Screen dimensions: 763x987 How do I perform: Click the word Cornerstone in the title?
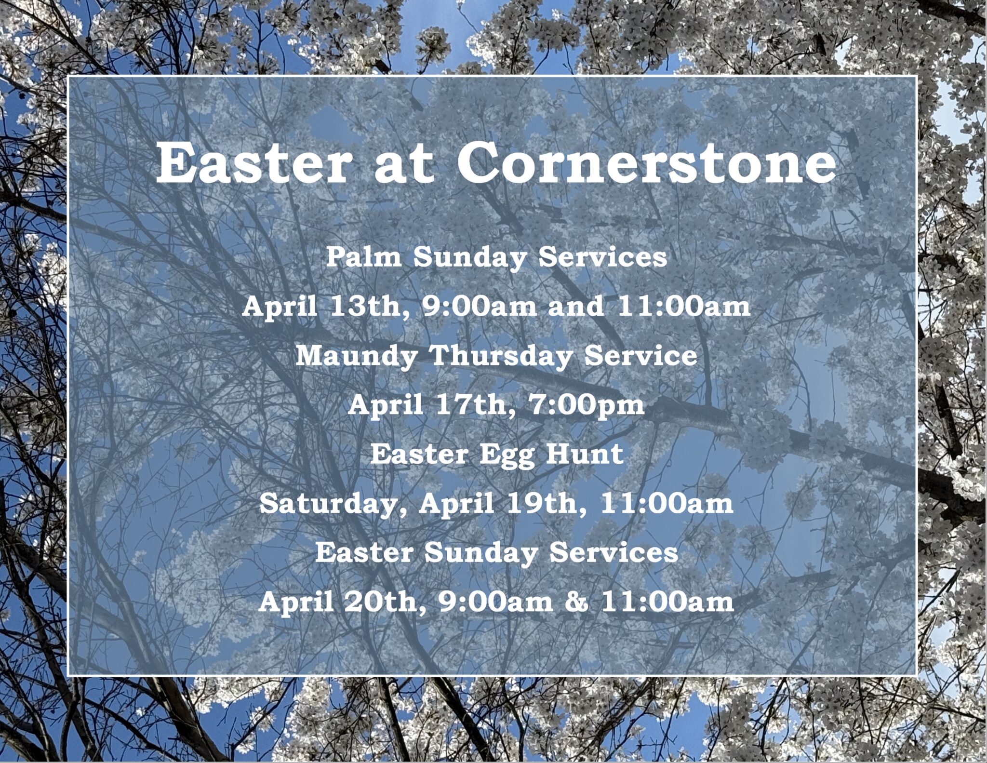(646, 162)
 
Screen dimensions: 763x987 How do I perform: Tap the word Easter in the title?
(251, 162)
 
